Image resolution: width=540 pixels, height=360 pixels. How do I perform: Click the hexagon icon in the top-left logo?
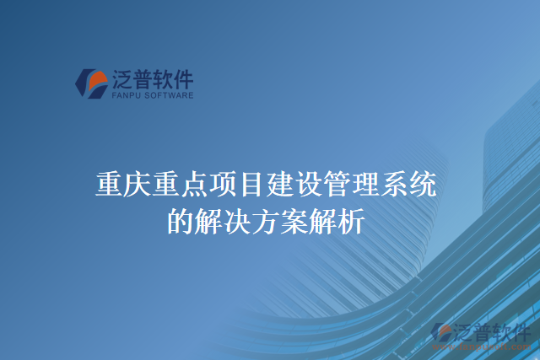tap(91, 83)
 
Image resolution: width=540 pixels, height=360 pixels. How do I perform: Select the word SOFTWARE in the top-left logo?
tap(170, 95)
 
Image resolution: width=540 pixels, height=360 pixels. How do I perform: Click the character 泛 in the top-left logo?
tap(123, 80)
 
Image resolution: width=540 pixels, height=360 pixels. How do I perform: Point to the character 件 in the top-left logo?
tap(183, 80)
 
